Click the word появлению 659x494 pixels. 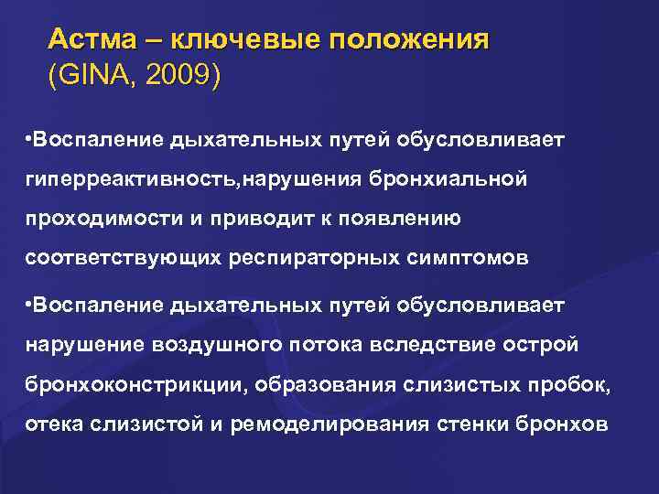pos(399,219)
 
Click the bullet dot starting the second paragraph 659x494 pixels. pos(29,302)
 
